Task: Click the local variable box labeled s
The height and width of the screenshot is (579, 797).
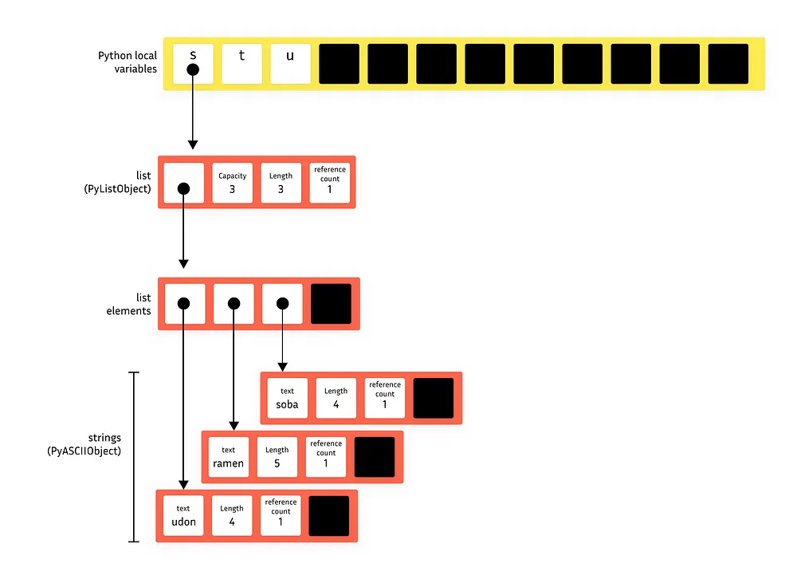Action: coord(193,64)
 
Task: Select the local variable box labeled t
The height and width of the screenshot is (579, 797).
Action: coord(241,64)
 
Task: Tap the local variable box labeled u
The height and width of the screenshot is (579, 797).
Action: coord(290,64)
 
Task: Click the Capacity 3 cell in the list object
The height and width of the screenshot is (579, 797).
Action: coord(232,183)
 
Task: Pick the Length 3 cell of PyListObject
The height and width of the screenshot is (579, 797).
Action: coord(281,183)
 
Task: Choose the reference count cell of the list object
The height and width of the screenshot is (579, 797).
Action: coord(329,183)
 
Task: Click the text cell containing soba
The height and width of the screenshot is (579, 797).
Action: coord(287,399)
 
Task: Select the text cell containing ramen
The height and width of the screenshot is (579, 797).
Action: coord(228,457)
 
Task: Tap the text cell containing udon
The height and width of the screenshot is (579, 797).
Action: coord(183,515)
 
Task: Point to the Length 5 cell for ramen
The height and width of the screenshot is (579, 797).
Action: coord(277,457)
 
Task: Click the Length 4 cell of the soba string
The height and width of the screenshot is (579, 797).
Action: coord(336,399)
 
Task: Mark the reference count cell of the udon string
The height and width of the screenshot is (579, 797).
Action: coord(281,515)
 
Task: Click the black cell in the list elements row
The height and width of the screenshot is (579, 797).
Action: coord(331,304)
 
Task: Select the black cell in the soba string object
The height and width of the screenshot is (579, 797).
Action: coord(434,399)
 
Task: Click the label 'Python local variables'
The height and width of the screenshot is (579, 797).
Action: coord(128,62)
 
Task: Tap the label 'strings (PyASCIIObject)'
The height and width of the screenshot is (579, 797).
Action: coord(84,444)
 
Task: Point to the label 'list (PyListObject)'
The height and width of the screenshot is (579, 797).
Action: coord(117,182)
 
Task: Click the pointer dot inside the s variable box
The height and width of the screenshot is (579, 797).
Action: coord(193,69)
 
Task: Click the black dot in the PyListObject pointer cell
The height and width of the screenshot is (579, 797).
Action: coord(183,189)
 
